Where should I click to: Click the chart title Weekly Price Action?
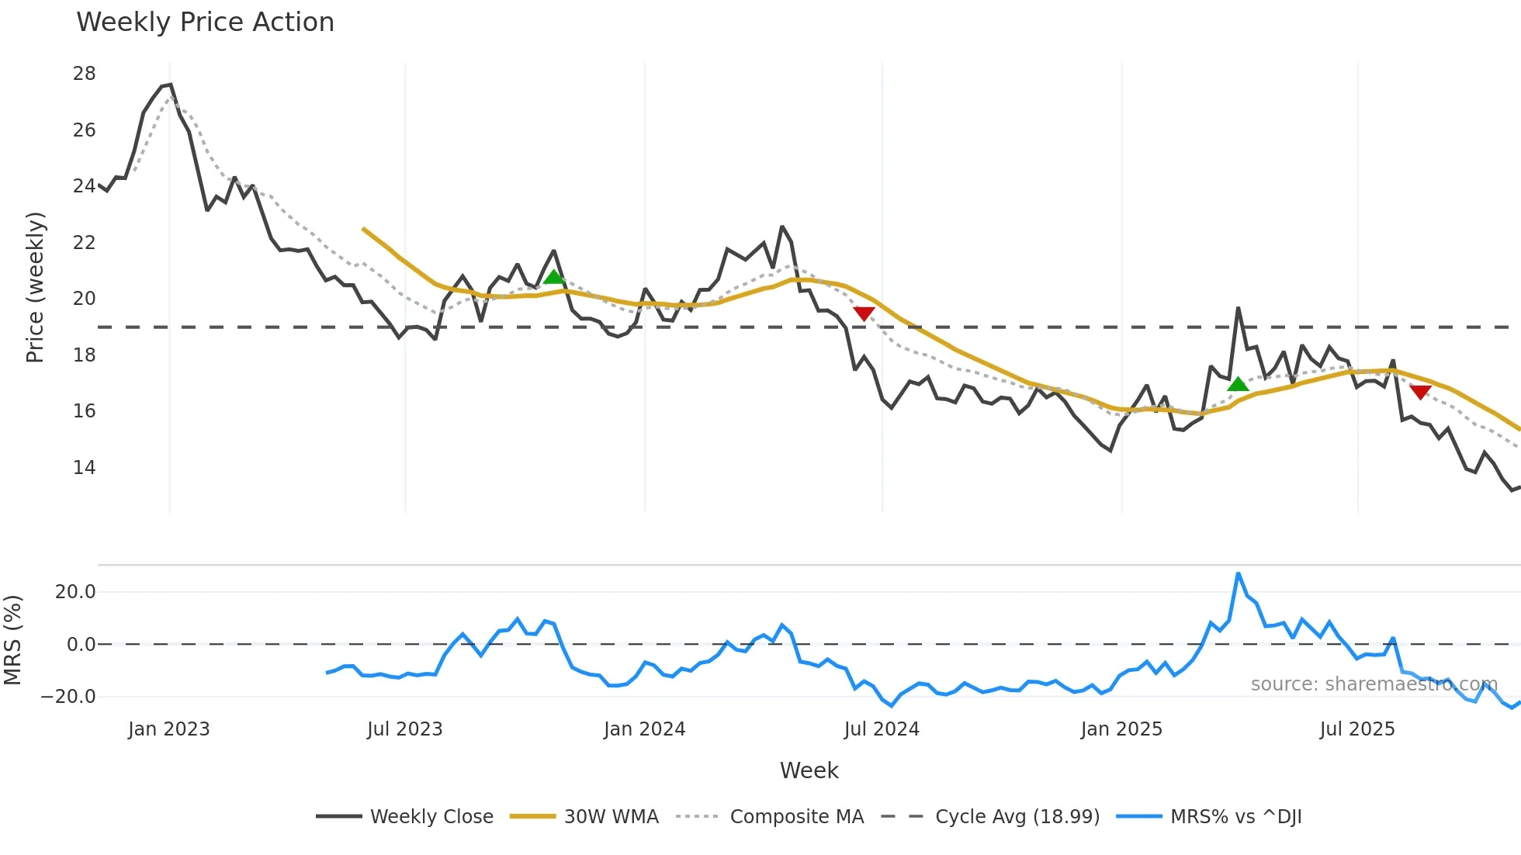pos(205,22)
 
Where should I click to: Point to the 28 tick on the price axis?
pos(84,74)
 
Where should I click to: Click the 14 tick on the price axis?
pos(84,468)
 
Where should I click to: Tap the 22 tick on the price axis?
pos(84,243)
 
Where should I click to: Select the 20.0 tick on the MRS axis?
pos(75,592)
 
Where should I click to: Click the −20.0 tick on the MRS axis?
pos(68,697)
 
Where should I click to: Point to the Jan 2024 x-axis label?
pos(644,729)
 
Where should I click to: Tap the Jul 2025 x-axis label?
pos(1356,729)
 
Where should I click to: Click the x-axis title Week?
pos(809,770)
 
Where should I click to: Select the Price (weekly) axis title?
pos(35,287)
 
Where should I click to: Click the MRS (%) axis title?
pos(12,640)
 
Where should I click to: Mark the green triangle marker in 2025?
pos(1238,384)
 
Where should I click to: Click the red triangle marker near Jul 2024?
pos(864,313)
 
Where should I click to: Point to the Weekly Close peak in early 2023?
pos(170,85)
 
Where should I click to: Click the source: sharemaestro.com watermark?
pos(1374,684)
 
